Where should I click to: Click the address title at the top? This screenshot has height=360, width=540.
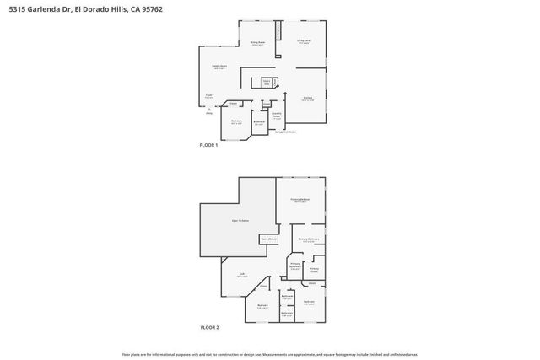click(x=80, y=9)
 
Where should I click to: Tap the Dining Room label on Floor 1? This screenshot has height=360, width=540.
click(x=257, y=43)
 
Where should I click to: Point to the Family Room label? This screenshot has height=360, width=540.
click(x=219, y=68)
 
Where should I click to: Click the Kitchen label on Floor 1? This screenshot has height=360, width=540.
click(x=308, y=99)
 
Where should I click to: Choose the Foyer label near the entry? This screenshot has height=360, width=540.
click(x=208, y=98)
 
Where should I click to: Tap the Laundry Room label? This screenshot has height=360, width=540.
click(x=276, y=116)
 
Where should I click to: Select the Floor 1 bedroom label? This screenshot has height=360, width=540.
click(x=237, y=122)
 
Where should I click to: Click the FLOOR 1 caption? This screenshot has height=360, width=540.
click(x=208, y=146)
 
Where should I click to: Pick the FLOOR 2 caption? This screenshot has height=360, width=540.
click(x=208, y=327)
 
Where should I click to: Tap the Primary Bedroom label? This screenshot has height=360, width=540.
click(x=300, y=201)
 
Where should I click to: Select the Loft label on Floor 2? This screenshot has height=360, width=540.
click(x=241, y=275)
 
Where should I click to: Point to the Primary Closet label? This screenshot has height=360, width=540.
click(x=314, y=271)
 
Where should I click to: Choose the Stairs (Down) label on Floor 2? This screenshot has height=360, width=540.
click(x=269, y=239)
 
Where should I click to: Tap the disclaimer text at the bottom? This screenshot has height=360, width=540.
click(x=269, y=355)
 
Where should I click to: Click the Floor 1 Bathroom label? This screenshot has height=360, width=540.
click(x=260, y=123)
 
